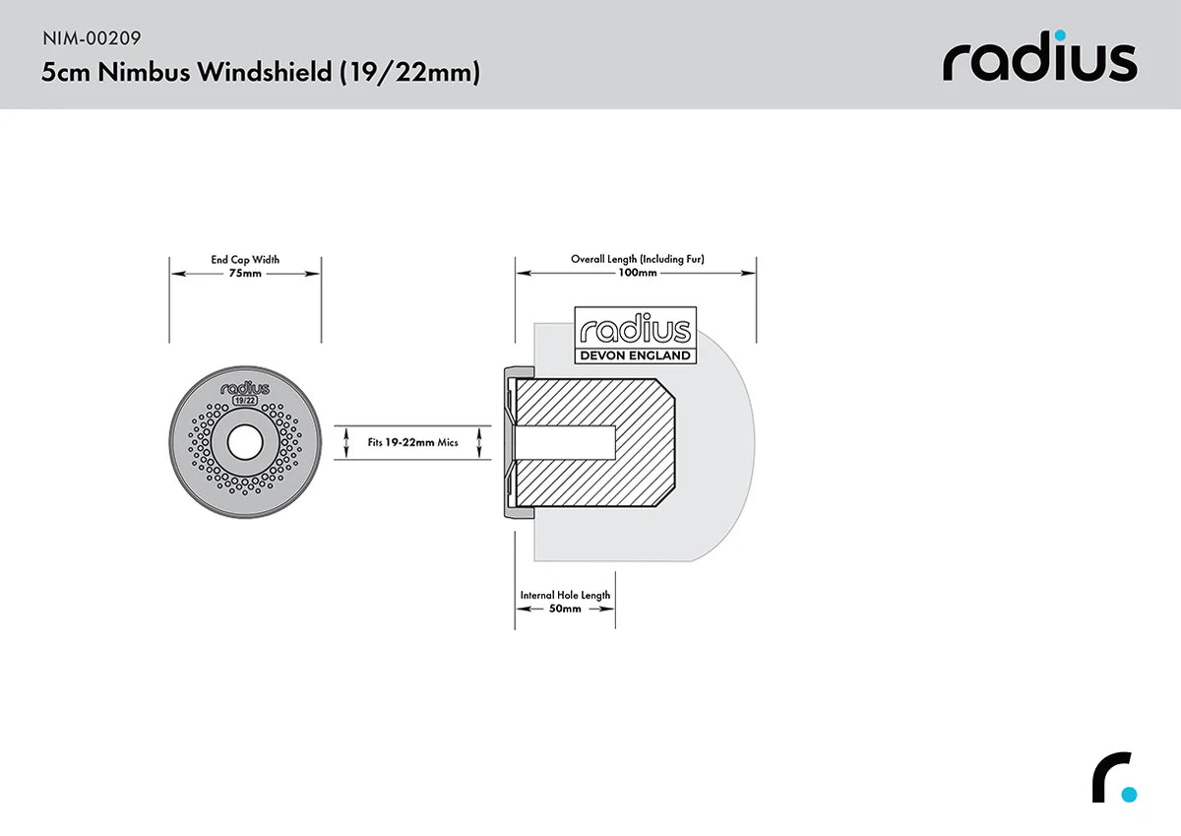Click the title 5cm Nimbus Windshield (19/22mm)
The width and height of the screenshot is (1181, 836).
(260, 73)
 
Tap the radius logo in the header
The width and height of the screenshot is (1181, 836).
(1039, 61)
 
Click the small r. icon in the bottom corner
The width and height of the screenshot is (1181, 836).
(1113, 779)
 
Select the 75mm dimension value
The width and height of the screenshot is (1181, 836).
(245, 274)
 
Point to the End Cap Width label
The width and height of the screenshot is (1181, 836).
(245, 260)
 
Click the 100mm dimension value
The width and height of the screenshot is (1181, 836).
(637, 273)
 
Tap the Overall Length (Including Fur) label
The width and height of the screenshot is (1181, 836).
(637, 259)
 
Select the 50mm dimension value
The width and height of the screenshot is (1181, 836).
(565, 609)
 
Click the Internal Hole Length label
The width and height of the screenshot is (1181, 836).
(565, 595)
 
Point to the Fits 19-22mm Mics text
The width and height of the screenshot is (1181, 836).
(412, 443)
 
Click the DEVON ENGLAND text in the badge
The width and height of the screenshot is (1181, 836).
(636, 355)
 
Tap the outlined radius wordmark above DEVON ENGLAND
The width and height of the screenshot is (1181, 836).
(636, 330)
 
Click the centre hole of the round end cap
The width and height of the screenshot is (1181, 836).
(245, 443)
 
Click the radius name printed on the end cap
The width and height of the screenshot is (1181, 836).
(245, 388)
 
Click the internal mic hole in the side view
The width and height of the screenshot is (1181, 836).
(566, 443)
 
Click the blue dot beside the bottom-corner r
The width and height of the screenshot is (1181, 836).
(1128, 794)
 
